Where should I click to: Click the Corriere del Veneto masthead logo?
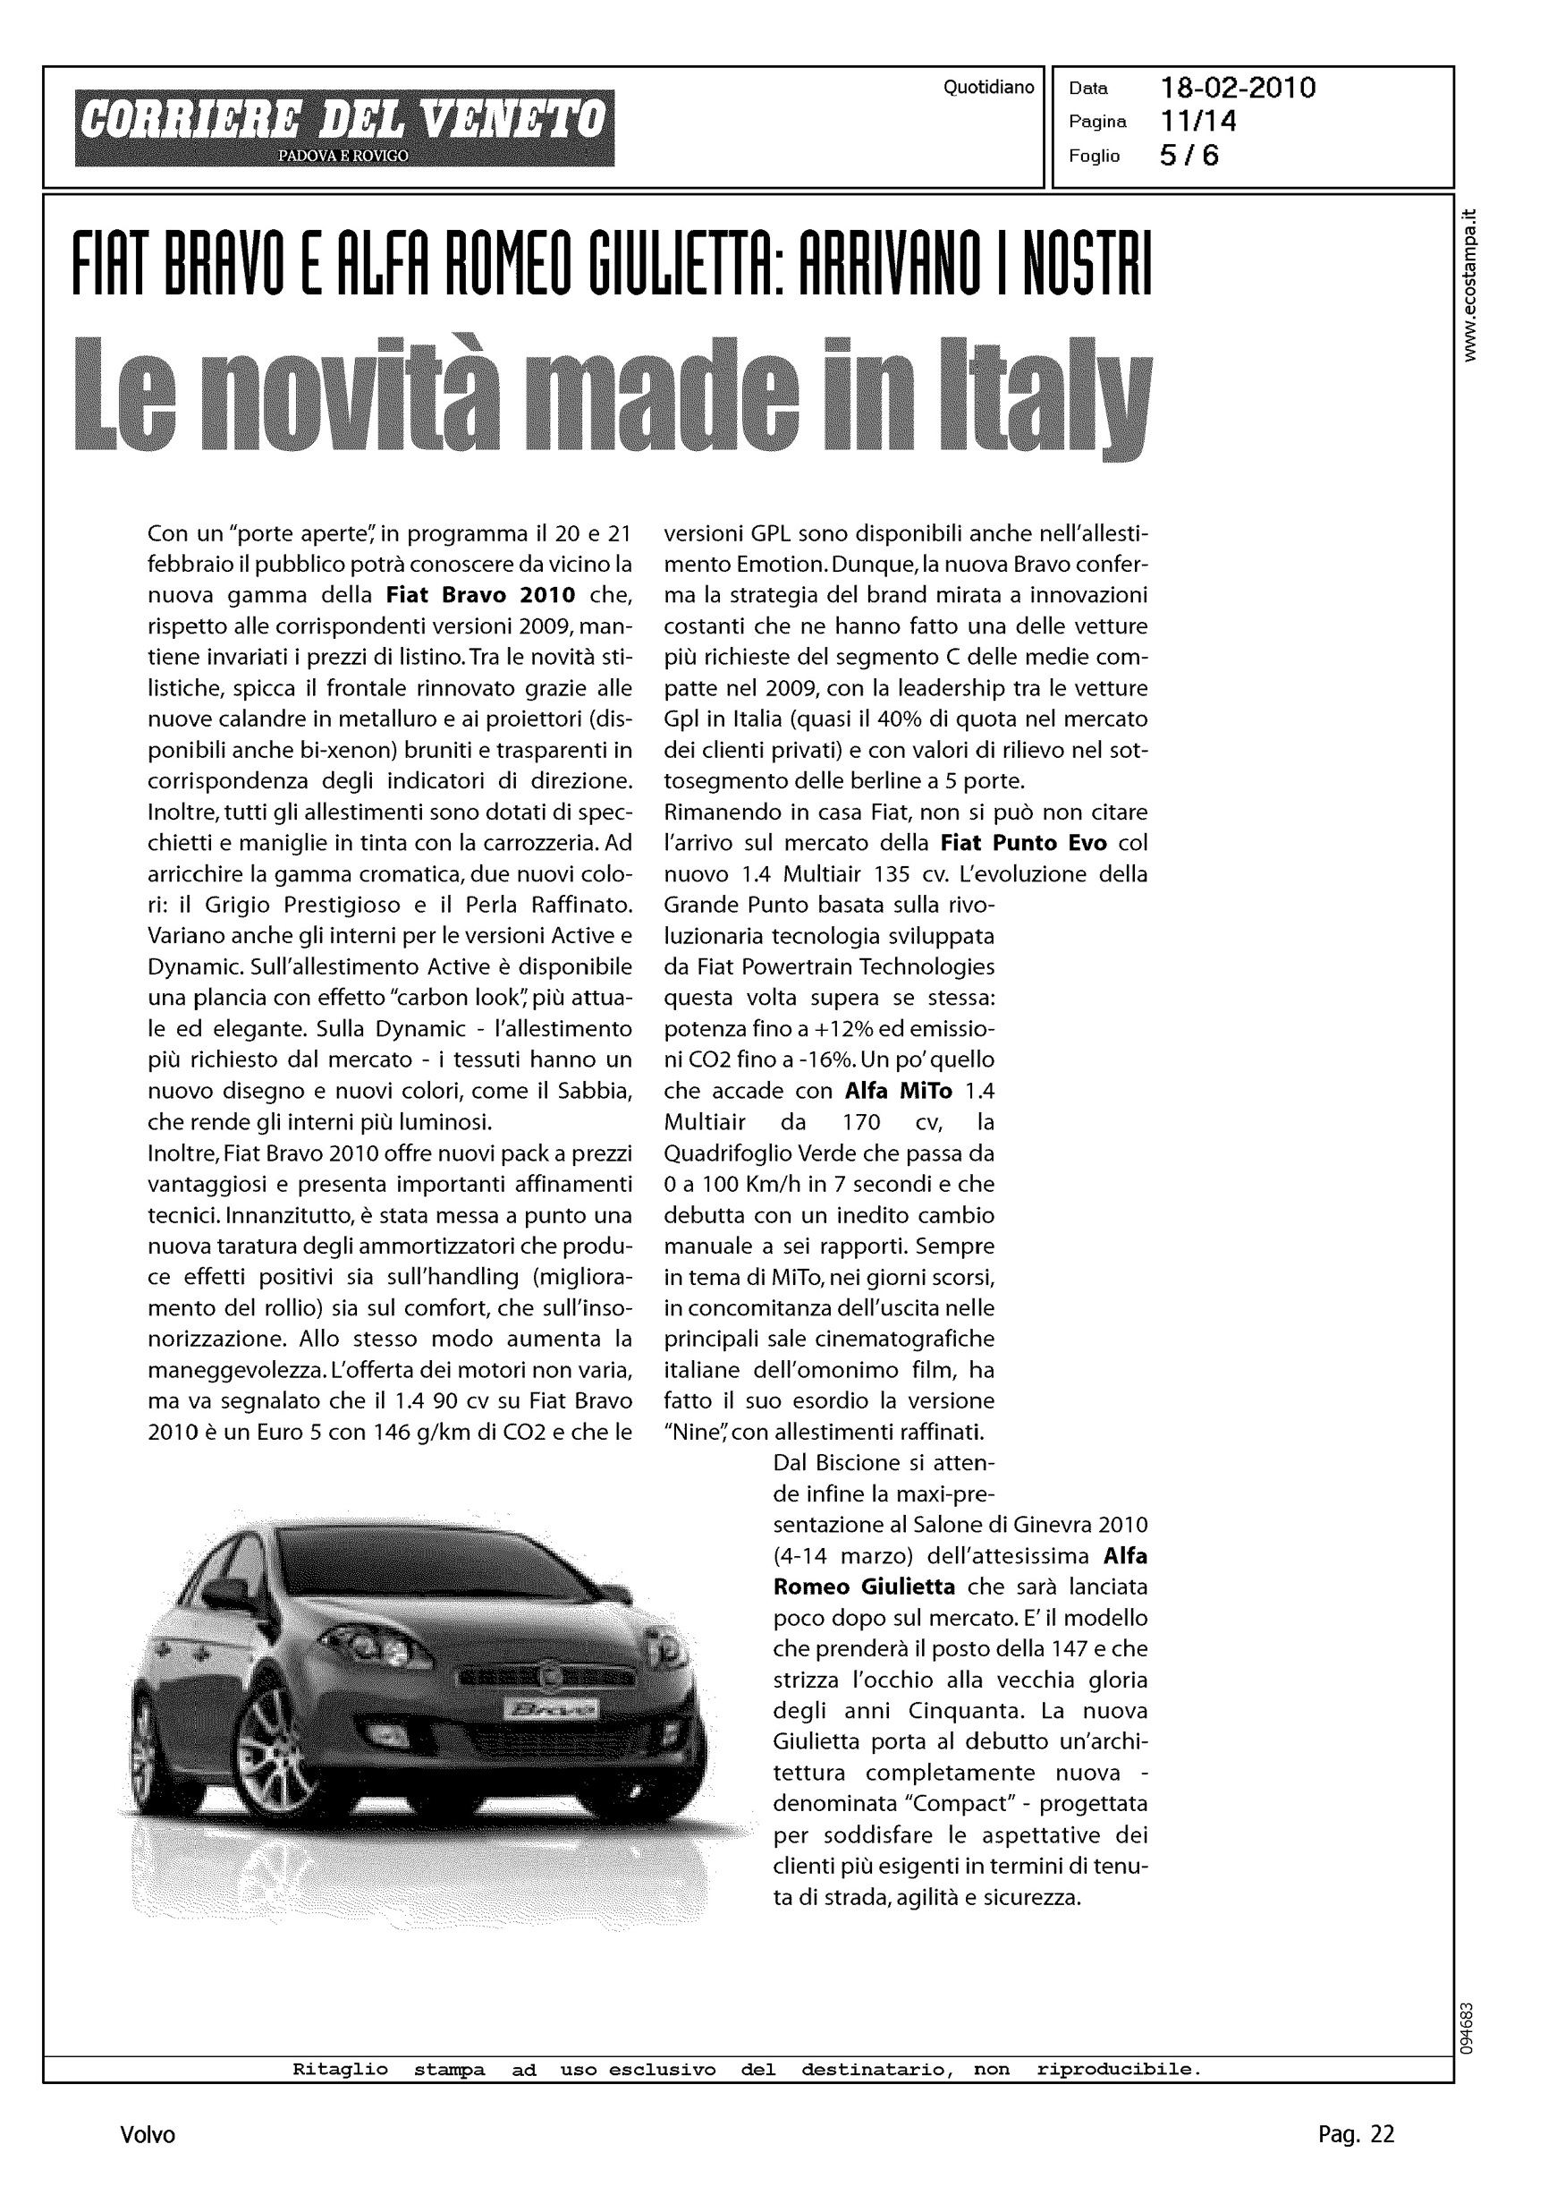(x=344, y=127)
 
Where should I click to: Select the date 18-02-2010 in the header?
(x=1238, y=89)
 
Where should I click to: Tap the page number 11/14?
(x=1199, y=122)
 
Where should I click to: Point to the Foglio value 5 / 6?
(x=1189, y=155)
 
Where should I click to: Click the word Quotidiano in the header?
(x=989, y=88)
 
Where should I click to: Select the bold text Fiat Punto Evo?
(x=1023, y=844)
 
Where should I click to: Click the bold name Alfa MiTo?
(x=898, y=1091)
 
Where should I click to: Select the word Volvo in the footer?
(x=148, y=2135)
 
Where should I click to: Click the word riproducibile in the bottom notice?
(x=1119, y=2070)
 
